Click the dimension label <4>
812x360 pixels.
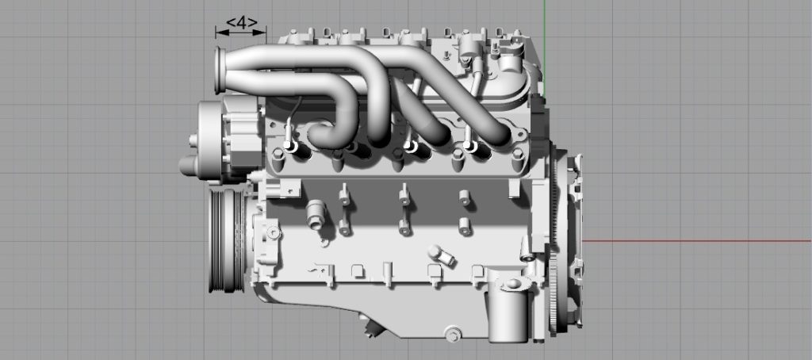coord(241,23)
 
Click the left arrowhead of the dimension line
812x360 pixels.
coord(220,33)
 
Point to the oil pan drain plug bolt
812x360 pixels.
coord(453,334)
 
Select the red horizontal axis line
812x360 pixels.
coord(698,241)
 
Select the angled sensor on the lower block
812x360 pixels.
coord(441,255)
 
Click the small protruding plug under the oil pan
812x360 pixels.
coord(367,325)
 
